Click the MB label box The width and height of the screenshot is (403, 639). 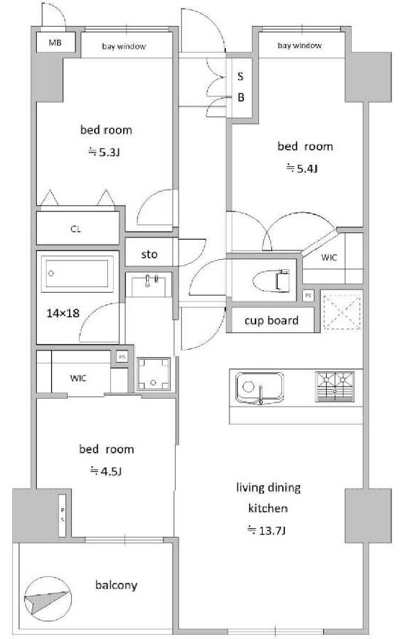pos(55,42)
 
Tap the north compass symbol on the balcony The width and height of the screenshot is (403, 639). pos(47,599)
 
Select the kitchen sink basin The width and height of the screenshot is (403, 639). pos(260,388)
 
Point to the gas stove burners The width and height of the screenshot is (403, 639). pos(334,386)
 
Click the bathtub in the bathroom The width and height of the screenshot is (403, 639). pos(79,273)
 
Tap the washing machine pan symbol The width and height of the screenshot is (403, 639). pos(153,373)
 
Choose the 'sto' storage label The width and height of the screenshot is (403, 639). pos(149,254)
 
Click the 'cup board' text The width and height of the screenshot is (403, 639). pos(271,321)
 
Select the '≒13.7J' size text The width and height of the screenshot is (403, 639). pos(267,530)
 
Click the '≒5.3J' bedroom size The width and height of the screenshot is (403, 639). pos(105,153)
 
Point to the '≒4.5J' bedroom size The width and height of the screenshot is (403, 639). pos(106,471)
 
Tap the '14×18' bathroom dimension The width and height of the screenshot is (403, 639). pos(63,314)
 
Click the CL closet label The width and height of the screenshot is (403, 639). pos(76,229)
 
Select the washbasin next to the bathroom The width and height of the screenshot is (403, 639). pos(149,284)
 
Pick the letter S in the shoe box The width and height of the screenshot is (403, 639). pos(240,76)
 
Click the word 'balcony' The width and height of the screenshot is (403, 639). pos(116,585)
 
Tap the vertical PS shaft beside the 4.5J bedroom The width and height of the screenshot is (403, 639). pos(63,515)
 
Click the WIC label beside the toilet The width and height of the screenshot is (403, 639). pos(330,258)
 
